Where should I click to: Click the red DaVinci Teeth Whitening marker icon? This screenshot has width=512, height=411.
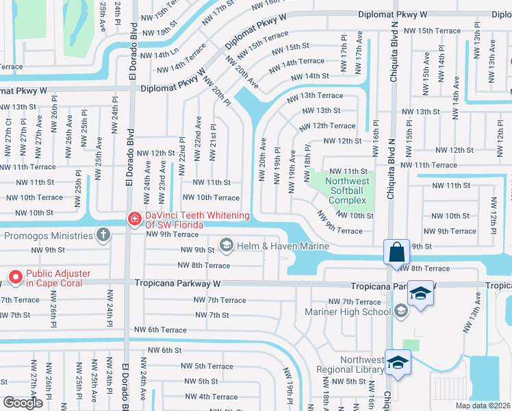point(134,219)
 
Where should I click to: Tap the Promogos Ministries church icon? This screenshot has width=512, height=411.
point(103,236)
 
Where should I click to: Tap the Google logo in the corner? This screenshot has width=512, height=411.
point(23,403)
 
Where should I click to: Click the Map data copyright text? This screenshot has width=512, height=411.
point(483,406)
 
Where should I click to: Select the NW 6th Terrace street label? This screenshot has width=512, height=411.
point(159,329)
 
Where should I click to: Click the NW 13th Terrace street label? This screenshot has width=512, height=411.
point(315,96)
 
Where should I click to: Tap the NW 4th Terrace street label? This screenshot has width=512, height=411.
point(211,397)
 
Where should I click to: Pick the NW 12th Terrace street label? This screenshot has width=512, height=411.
point(327,126)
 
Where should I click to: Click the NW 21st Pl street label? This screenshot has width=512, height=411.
point(214,140)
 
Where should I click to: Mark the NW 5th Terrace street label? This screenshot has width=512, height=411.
point(209,366)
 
